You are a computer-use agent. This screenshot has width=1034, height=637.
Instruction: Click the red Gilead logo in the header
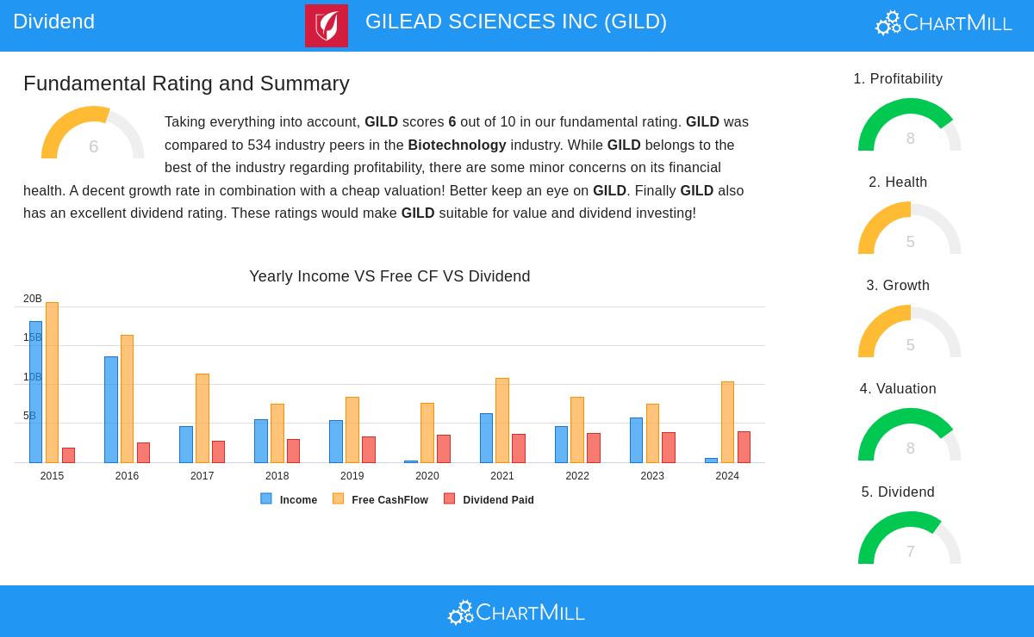coord(327,26)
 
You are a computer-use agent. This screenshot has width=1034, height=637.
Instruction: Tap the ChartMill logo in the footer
coord(516,613)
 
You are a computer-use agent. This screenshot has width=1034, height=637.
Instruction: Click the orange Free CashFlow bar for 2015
coord(52,383)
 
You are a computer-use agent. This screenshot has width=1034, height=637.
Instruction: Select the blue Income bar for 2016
coord(111,410)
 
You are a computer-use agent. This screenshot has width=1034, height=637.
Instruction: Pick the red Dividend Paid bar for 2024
coord(744,448)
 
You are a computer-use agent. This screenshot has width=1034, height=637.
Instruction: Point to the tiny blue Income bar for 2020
coord(411,461)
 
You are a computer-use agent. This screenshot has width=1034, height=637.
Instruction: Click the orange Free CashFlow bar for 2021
coord(502,421)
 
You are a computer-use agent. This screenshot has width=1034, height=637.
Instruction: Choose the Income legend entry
coord(290,499)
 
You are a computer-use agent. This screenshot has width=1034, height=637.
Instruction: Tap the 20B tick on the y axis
coord(32,299)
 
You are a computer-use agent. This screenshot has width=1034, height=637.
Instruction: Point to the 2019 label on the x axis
coord(352,476)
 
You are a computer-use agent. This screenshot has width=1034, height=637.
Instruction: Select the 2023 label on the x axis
coord(652,476)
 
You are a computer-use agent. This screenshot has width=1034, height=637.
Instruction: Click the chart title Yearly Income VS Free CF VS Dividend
coord(389,276)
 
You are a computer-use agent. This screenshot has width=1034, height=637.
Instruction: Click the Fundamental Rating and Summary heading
coord(186,83)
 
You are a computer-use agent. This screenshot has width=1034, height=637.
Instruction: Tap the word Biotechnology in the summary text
coord(457,145)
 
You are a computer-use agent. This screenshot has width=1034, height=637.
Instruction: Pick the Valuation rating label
coord(898,389)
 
